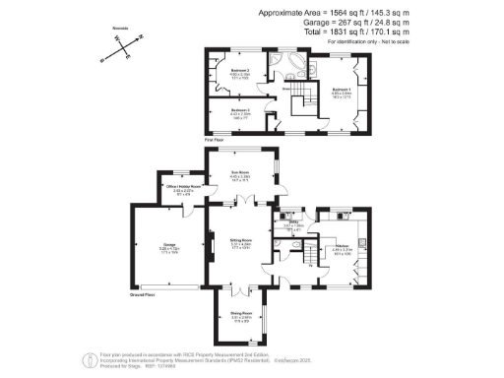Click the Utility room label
291,224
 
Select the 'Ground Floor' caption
144,293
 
